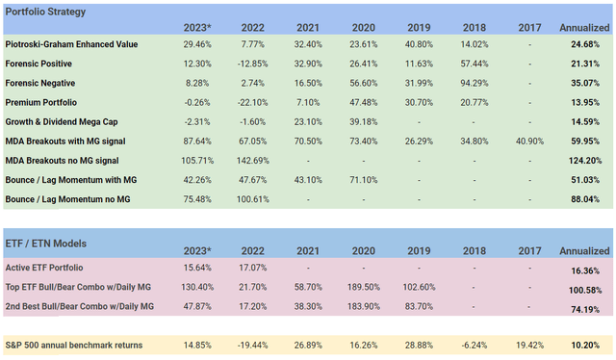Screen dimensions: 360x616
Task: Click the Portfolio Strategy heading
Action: (x=45, y=12)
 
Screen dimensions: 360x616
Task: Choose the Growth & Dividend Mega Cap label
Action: (x=68, y=122)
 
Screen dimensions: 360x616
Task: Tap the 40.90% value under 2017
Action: (x=526, y=141)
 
